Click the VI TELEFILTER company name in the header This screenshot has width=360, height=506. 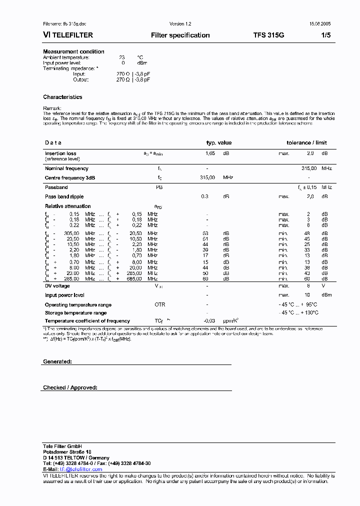68,35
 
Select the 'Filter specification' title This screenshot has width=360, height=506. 180,35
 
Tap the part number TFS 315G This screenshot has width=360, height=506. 268,35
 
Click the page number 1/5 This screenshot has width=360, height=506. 325,35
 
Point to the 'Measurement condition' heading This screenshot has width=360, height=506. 73,51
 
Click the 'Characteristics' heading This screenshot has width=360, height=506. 62,97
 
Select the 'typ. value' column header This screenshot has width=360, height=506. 219,142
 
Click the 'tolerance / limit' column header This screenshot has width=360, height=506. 306,142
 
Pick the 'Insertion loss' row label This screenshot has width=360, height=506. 60,153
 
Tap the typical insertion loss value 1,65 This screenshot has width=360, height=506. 210,153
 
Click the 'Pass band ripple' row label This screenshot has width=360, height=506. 64,196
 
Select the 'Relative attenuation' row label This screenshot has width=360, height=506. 68,206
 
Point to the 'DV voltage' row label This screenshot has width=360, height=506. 57,286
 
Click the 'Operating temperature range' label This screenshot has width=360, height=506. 78,304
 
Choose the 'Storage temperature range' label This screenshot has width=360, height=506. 75,312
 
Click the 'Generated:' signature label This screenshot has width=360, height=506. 57,361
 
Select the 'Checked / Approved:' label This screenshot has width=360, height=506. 70,387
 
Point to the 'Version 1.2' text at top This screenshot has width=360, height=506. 180,24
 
